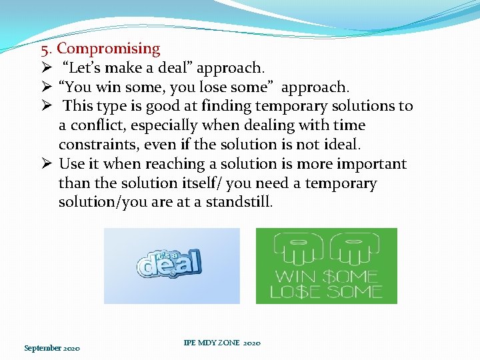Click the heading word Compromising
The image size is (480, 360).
pyautogui.click(x=109, y=49)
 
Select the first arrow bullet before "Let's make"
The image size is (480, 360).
pyautogui.click(x=46, y=68)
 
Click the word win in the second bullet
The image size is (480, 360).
pyautogui.click(x=109, y=87)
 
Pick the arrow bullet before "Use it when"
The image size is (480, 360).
pyautogui.click(x=46, y=164)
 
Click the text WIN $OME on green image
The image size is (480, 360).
pyautogui.click(x=326, y=276)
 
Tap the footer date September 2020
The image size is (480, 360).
pyautogui.click(x=52, y=348)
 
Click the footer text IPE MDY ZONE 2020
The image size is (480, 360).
pyautogui.click(x=221, y=343)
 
